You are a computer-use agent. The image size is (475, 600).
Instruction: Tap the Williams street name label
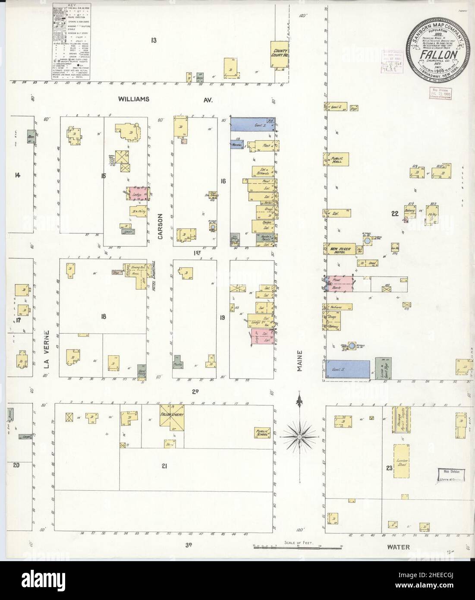tap(134, 99)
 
